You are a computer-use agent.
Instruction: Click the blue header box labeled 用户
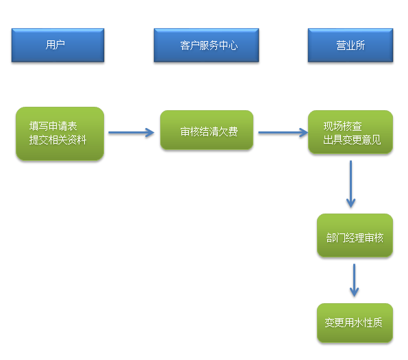(x=58, y=45)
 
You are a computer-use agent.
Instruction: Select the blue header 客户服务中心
(x=206, y=45)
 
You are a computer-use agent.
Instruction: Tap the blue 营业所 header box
(x=350, y=45)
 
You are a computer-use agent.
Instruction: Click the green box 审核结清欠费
(x=207, y=130)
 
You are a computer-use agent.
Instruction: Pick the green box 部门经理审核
(x=355, y=235)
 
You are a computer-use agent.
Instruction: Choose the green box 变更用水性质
(x=355, y=323)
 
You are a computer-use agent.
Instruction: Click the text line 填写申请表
(x=53, y=126)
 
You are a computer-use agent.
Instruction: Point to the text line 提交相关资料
(x=58, y=140)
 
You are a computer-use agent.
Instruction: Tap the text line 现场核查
(x=343, y=126)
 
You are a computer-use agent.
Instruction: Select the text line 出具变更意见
(x=352, y=140)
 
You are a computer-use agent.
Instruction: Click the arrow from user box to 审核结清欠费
(x=131, y=132)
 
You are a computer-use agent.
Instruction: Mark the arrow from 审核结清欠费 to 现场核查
(x=283, y=132)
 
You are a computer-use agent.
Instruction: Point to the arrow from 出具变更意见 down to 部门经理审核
(x=350, y=184)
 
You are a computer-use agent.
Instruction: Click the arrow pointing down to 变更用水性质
(x=354, y=280)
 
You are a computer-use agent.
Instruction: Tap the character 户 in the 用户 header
(x=60, y=44)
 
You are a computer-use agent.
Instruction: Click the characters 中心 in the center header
(x=228, y=46)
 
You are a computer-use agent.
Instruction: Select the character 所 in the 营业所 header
(x=360, y=46)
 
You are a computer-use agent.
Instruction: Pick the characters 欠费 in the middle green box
(x=228, y=131)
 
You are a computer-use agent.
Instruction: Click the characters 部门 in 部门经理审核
(x=336, y=237)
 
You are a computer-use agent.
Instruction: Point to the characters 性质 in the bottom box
(x=373, y=323)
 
